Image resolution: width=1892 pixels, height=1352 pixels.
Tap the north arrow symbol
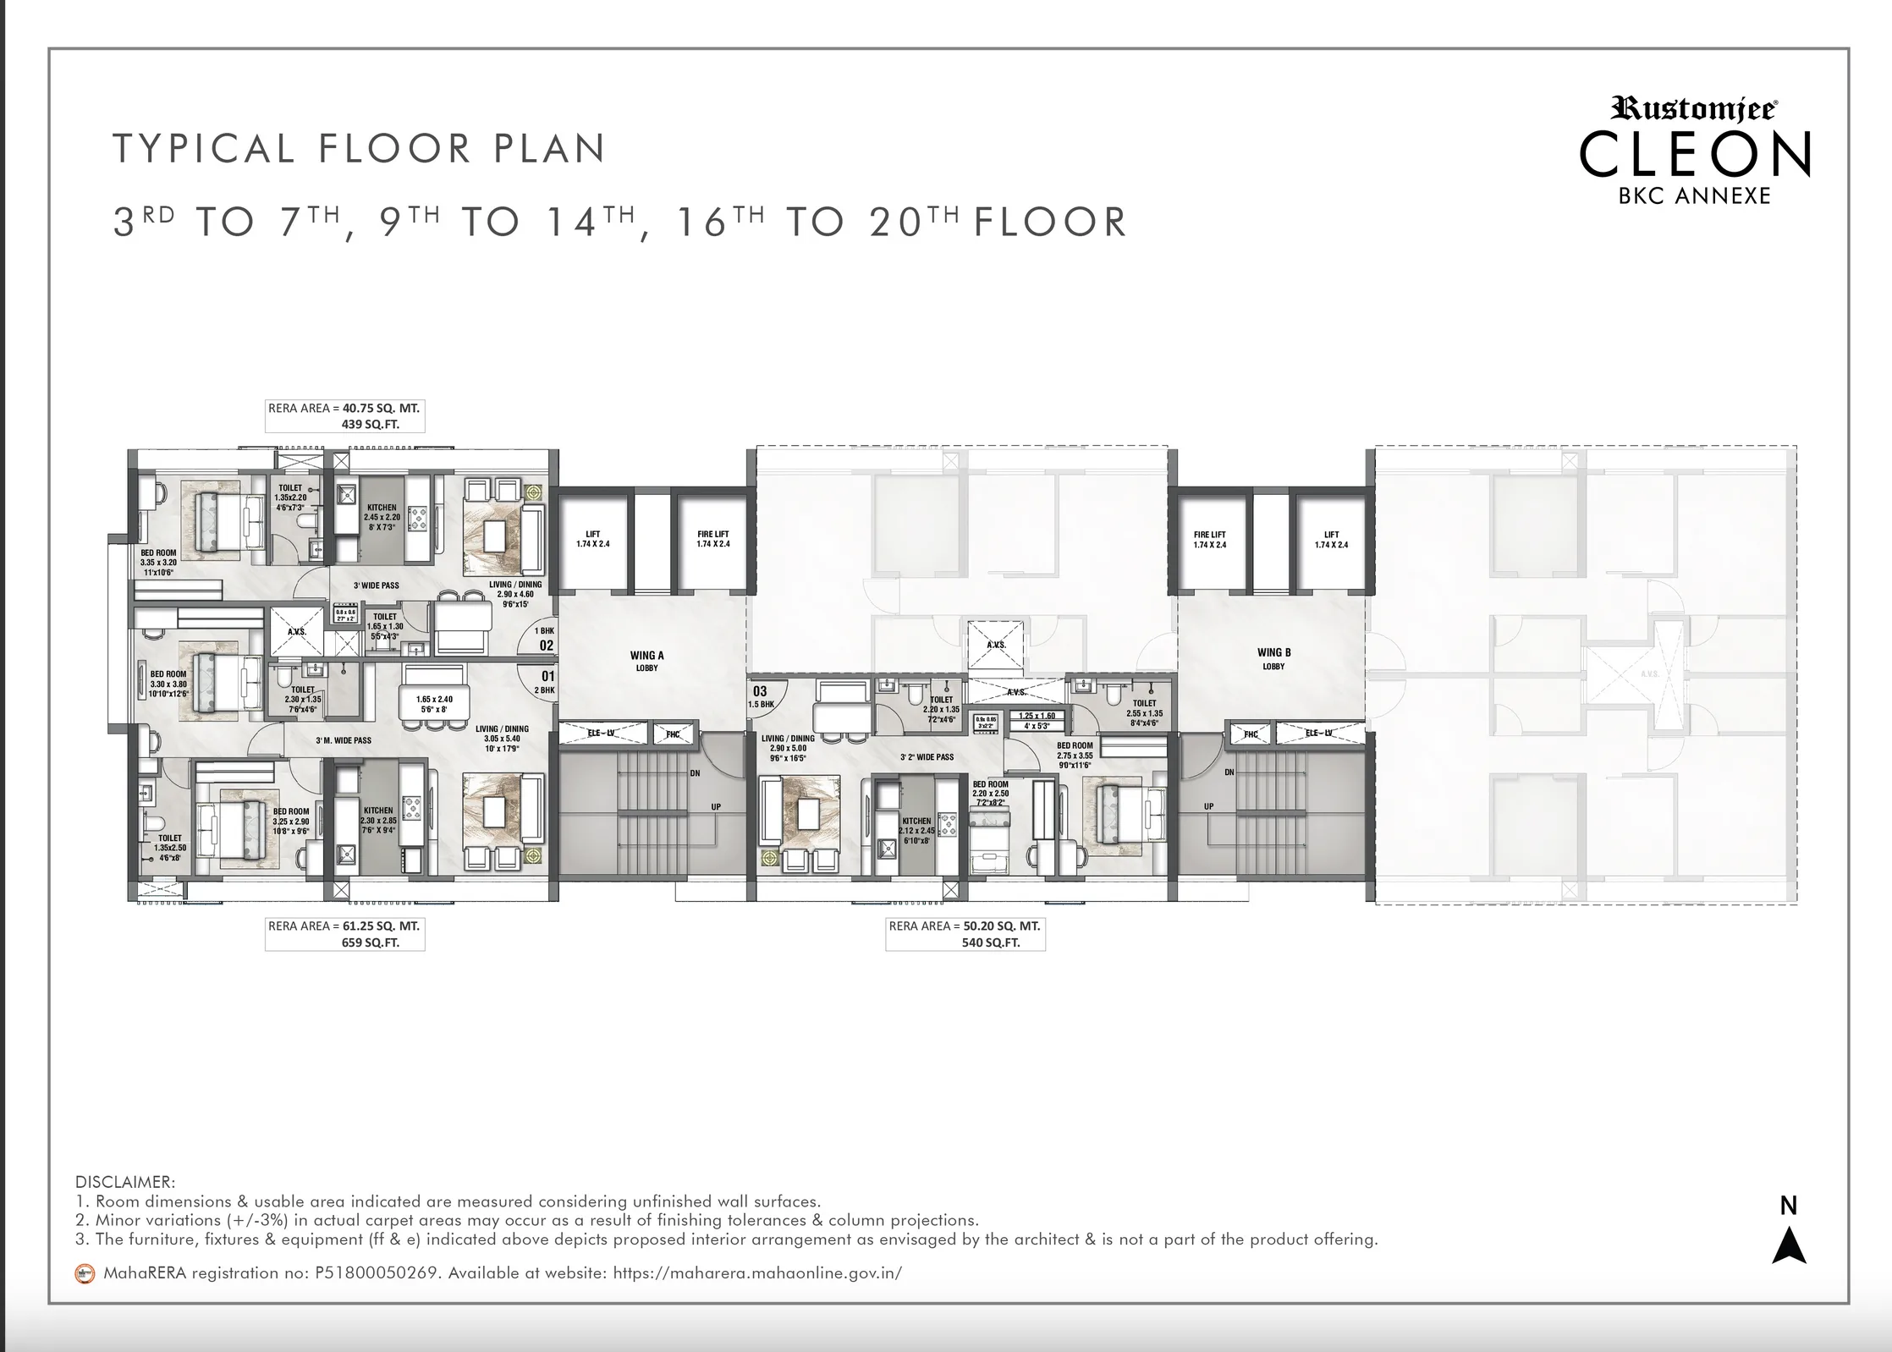click(1789, 1246)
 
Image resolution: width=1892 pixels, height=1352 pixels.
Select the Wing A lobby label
click(646, 661)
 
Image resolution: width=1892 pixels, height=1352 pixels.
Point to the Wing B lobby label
click(1273, 658)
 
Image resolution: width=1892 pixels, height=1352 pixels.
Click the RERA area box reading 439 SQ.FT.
click(344, 416)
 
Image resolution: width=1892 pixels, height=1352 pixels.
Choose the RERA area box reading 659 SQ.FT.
click(344, 934)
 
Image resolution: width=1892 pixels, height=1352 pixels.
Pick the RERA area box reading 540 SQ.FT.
click(965, 934)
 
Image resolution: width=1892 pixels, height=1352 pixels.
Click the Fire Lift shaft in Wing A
click(712, 540)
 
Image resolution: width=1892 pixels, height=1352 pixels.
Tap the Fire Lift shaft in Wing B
click(1209, 540)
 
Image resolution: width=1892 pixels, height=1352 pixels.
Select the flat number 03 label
click(760, 691)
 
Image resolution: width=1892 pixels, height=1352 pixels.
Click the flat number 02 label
click(547, 646)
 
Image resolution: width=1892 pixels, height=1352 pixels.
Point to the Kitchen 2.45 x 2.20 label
click(382, 517)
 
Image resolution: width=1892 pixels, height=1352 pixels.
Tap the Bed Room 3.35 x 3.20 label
click(158, 562)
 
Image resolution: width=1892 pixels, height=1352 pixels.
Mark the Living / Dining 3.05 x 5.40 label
click(502, 738)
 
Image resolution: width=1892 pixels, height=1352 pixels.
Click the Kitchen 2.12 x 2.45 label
click(916, 830)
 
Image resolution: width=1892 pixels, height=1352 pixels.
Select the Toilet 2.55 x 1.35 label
click(1144, 712)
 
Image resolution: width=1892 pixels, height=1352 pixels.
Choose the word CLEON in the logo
click(1694, 155)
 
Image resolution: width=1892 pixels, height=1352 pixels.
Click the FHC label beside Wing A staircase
click(673, 734)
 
